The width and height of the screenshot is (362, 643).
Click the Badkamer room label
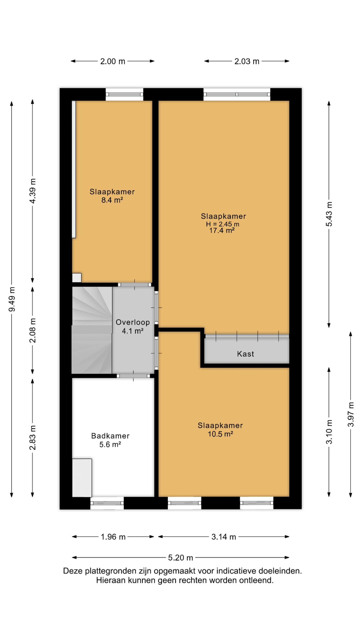(x=110, y=436)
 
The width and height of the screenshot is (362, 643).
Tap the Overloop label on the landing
(x=132, y=322)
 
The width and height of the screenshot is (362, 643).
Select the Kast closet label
(x=245, y=354)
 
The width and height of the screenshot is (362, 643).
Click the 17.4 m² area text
(x=222, y=230)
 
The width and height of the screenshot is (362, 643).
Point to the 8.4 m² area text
(x=112, y=200)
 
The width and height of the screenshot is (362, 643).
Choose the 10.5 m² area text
(x=220, y=434)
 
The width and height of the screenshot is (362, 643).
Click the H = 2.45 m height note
(x=222, y=224)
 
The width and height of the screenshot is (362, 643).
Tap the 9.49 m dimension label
(x=12, y=299)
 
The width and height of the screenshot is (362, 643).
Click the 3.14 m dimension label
(x=224, y=537)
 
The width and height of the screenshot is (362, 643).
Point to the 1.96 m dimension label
(x=113, y=537)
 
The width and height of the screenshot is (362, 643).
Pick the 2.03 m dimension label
(x=247, y=61)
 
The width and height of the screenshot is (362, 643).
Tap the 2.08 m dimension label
(x=33, y=331)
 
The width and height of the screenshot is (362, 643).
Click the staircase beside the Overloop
(x=92, y=330)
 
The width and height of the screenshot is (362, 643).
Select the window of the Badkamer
(x=107, y=503)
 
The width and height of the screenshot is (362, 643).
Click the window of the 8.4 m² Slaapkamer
(x=124, y=94)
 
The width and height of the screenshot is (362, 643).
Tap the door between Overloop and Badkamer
(x=133, y=376)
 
